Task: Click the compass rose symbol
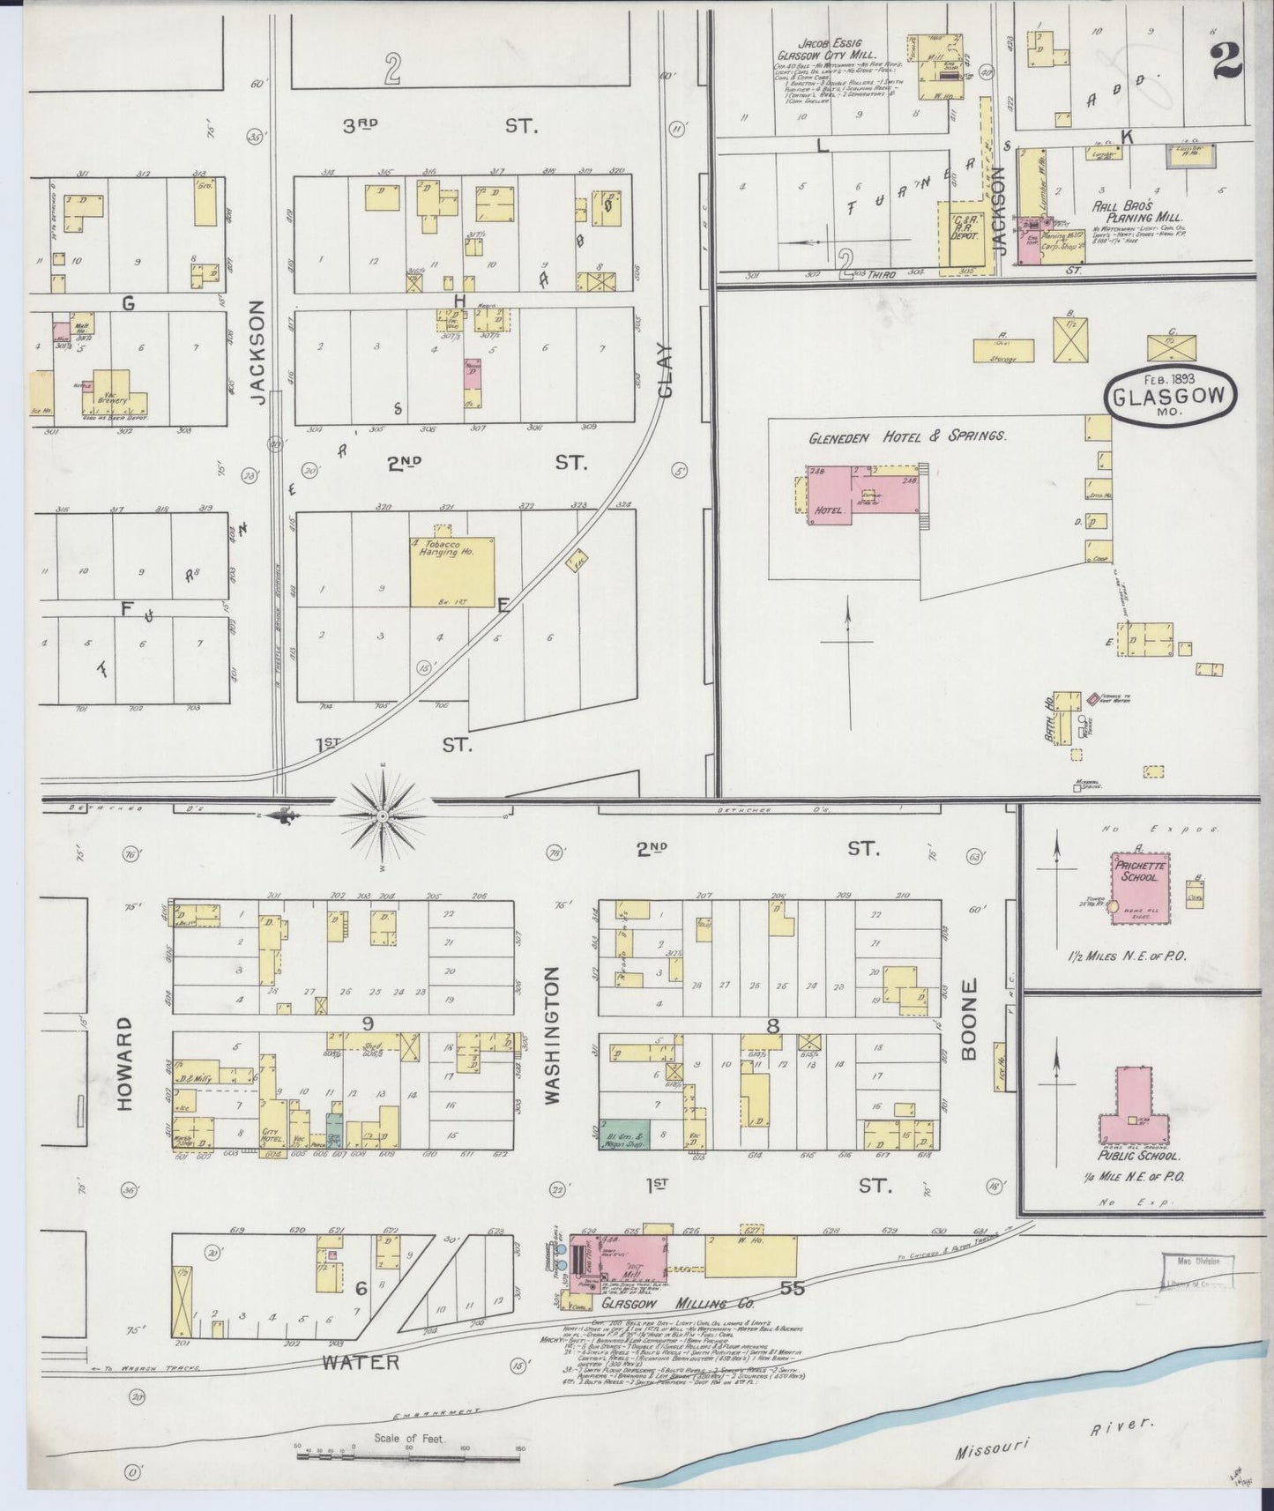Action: point(383,817)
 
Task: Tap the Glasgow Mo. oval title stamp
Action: point(1169,397)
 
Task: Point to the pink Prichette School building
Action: point(1140,887)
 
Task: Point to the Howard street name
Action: point(123,1063)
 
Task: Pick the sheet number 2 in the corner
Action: point(1226,60)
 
